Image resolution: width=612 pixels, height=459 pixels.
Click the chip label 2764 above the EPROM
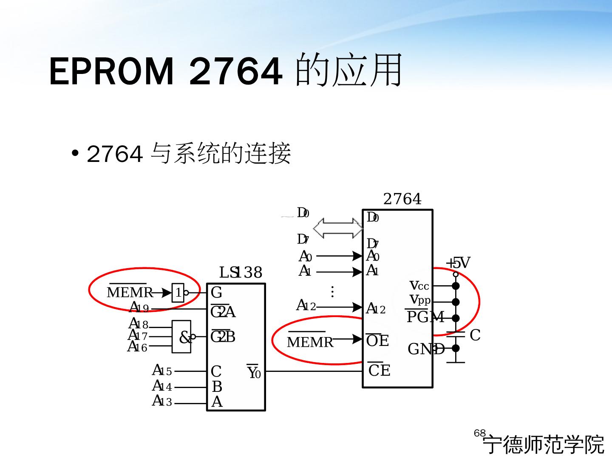(402, 199)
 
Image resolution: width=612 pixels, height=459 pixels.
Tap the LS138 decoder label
(241, 272)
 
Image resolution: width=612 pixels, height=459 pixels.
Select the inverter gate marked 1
(178, 292)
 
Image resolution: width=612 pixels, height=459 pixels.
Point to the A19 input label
(139, 307)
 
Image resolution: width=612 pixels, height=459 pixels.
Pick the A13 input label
(162, 401)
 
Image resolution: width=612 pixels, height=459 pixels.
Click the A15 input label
(162, 371)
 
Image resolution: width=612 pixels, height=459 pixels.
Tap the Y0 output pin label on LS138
(254, 373)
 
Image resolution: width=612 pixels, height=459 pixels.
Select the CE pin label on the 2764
(379, 371)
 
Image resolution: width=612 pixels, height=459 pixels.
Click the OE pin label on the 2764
(377, 340)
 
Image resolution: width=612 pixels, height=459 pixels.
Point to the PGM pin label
(425, 317)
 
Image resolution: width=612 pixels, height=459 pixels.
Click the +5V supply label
(458, 263)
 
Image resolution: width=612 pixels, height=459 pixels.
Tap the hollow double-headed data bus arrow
(338, 228)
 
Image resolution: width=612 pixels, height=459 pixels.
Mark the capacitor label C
(475, 335)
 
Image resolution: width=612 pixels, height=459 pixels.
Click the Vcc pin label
(419, 286)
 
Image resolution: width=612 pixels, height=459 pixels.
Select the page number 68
(479, 433)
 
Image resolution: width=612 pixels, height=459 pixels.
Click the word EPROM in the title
(112, 71)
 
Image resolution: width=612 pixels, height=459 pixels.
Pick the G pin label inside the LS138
(216, 292)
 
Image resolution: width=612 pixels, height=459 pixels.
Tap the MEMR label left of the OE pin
(310, 342)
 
